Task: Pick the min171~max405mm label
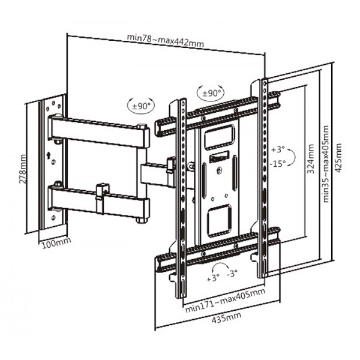tap(224, 292)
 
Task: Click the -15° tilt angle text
tap(277, 163)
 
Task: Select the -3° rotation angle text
tap(232, 273)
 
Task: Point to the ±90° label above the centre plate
tap(211, 93)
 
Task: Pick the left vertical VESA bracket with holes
tap(178, 198)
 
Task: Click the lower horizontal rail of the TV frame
tap(219, 249)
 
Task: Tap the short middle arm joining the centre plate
tap(157, 173)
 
